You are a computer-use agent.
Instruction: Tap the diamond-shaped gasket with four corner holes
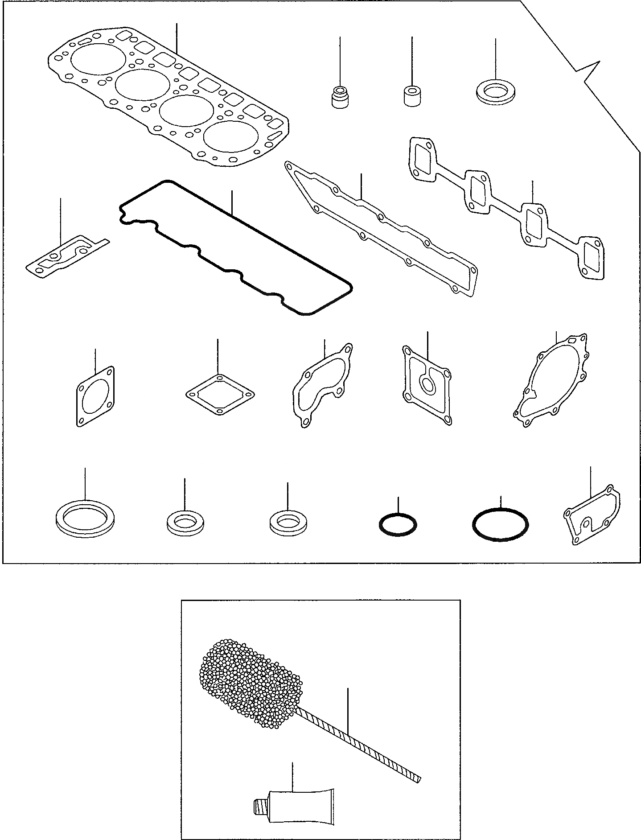coord(219,395)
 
